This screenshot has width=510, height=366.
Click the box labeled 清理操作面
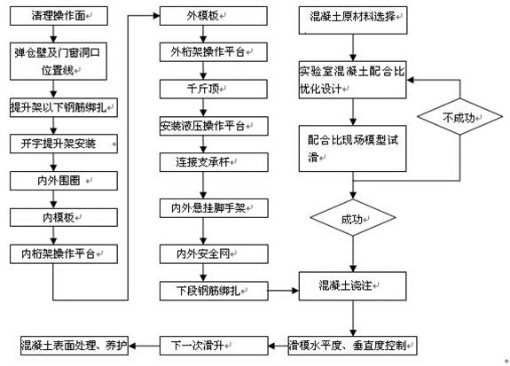point(59,16)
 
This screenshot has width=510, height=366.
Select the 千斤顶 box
point(214,89)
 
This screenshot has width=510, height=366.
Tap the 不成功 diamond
point(460,117)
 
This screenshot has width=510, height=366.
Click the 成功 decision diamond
point(353,218)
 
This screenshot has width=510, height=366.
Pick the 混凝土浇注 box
point(353,286)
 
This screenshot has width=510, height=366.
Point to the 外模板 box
point(214,16)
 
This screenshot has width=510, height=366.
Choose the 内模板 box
point(64,217)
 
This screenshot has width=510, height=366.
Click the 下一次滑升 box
point(214,346)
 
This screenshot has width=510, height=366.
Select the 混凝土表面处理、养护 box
point(75,346)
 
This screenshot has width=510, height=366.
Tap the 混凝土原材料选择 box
point(353,19)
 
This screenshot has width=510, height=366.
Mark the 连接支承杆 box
point(214,162)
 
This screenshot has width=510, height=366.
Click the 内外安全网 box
point(214,253)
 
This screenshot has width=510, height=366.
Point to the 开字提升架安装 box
point(64,144)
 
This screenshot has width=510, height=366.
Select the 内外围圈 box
point(64,181)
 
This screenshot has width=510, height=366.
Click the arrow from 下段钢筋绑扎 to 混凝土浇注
point(283,291)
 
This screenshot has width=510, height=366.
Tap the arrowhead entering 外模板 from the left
point(156,16)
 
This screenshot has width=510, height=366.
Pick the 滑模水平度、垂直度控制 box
point(353,346)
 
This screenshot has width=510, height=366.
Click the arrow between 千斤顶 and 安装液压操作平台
point(203,107)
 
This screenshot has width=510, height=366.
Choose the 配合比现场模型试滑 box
point(353,149)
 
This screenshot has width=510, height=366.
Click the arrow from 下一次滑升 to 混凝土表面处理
point(144,346)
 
